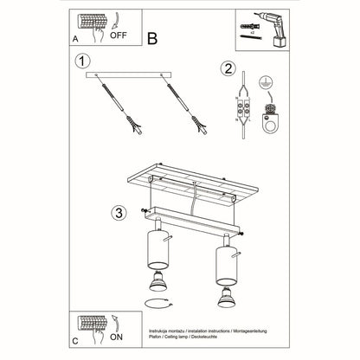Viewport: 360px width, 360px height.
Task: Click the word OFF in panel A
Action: click(119, 37)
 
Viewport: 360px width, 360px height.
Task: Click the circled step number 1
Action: click(81, 61)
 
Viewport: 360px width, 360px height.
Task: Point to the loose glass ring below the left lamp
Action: click(158, 302)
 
